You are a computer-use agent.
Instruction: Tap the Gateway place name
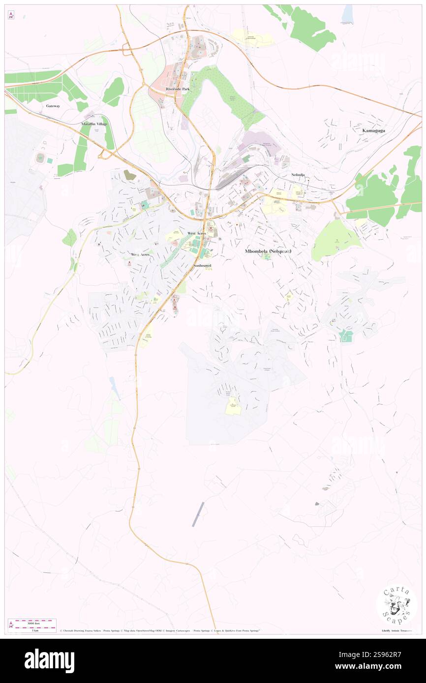pyautogui.click(x=53, y=106)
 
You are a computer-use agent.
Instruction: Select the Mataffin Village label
pyautogui.click(x=94, y=124)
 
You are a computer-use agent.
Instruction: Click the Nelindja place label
pyautogui.click(x=298, y=174)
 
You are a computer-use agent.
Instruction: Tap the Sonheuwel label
pyautogui.click(x=203, y=265)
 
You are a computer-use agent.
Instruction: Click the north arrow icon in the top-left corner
pyautogui.click(x=11, y=15)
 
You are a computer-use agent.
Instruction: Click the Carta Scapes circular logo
pyautogui.click(x=396, y=606)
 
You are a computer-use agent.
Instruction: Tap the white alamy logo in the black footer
pyautogui.click(x=49, y=661)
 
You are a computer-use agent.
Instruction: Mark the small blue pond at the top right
pyautogui.click(x=348, y=15)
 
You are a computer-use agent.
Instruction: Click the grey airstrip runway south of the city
pyautogui.click(x=198, y=514)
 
